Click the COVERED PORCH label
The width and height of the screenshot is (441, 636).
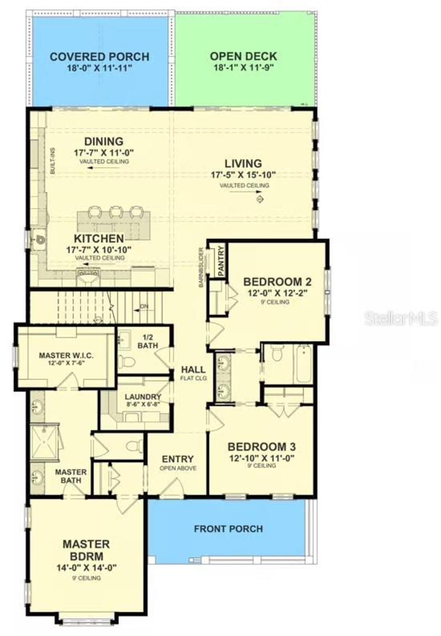click(x=99, y=57)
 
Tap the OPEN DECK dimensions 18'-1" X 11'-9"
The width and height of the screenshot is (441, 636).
click(x=243, y=67)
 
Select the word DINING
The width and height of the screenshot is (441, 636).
click(x=104, y=141)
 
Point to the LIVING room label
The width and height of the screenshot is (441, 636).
click(x=243, y=163)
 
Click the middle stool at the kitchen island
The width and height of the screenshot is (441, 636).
click(x=116, y=212)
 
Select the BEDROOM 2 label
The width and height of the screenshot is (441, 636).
click(x=277, y=282)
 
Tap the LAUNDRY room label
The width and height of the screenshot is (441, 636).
click(x=143, y=397)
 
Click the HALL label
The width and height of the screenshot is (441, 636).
click(x=193, y=370)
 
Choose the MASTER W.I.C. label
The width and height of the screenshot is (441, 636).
click(x=66, y=355)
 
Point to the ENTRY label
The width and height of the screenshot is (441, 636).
click(x=178, y=459)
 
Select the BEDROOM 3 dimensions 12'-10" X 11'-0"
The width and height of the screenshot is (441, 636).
click(x=262, y=458)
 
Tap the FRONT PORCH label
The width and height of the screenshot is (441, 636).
click(x=228, y=529)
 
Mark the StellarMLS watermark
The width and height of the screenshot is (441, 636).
click(x=401, y=319)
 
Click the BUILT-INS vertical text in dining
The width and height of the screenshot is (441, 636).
click(x=53, y=161)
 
